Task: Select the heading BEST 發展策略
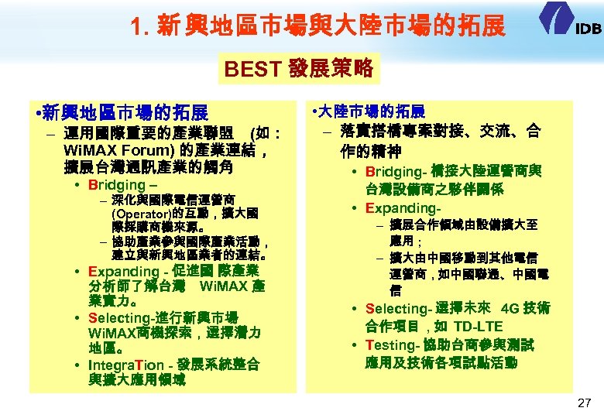click(299, 70)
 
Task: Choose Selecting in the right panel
click(396, 308)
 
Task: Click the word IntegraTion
click(126, 365)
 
